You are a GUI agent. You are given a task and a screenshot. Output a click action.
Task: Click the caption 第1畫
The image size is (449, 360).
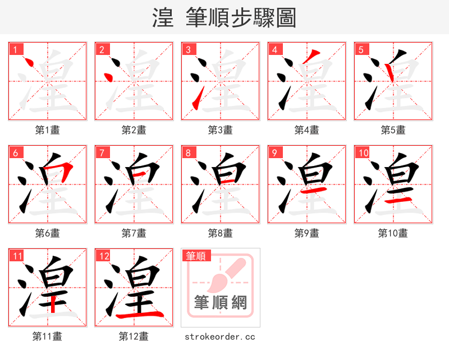point(48,130)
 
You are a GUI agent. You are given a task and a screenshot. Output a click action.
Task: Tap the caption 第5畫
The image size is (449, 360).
point(393,130)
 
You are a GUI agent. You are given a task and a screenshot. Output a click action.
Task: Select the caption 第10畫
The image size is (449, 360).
point(393,233)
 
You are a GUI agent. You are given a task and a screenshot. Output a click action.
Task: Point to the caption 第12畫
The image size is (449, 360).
point(134,336)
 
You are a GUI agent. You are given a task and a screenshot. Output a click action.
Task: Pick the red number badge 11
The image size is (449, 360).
point(17,256)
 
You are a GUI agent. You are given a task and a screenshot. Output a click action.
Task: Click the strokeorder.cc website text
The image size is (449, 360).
point(220,336)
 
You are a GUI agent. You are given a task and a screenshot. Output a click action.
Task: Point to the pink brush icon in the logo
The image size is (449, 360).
point(227,274)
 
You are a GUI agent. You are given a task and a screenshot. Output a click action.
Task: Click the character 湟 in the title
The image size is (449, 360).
point(163,18)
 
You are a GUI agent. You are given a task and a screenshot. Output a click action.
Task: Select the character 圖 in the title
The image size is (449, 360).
point(285,18)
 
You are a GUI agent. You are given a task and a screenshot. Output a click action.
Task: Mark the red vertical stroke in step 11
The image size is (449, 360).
point(53,302)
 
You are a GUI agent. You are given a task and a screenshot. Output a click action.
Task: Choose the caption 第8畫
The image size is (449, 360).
point(220,233)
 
